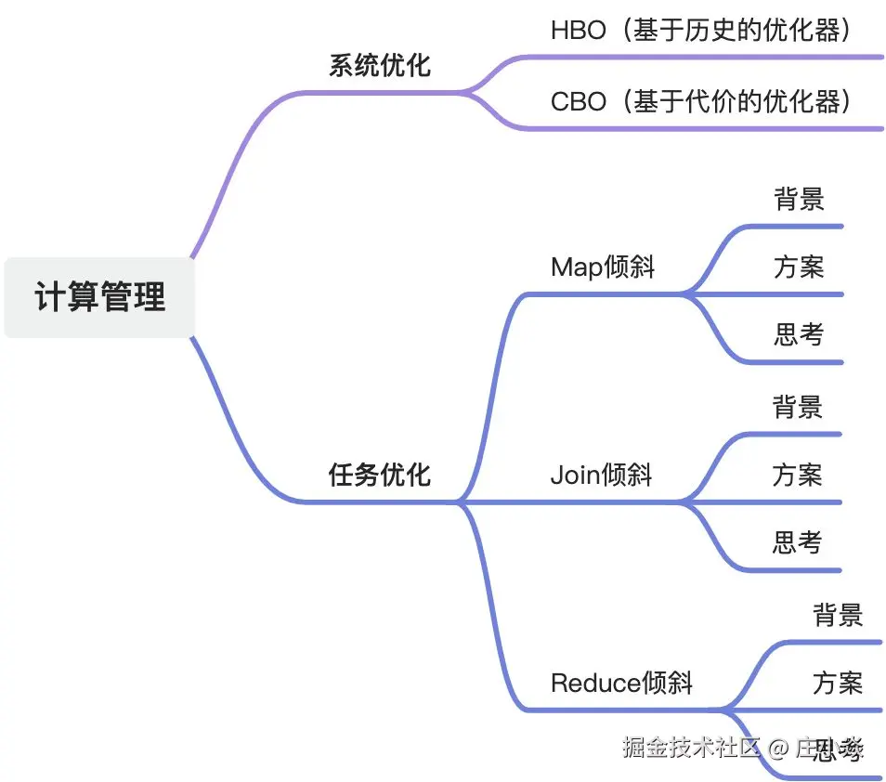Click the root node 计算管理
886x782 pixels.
[99, 297]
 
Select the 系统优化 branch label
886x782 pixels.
[380, 65]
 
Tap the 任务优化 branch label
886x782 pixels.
[380, 475]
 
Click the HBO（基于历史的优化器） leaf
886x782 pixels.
[701, 31]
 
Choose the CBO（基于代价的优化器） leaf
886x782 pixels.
[701, 100]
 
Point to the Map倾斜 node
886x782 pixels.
[603, 267]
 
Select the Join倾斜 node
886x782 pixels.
[601, 476]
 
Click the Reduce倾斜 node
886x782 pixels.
[621, 684]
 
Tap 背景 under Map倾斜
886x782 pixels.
[799, 199]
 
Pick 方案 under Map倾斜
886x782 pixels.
[799, 267]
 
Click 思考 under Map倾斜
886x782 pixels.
[799, 334]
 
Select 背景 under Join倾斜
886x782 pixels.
[797, 407]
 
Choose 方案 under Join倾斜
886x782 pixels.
[797, 476]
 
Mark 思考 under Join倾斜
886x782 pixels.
[797, 542]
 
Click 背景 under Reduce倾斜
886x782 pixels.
[838, 615]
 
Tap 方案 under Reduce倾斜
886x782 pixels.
[838, 684]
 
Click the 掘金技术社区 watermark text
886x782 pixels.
[692, 747]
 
